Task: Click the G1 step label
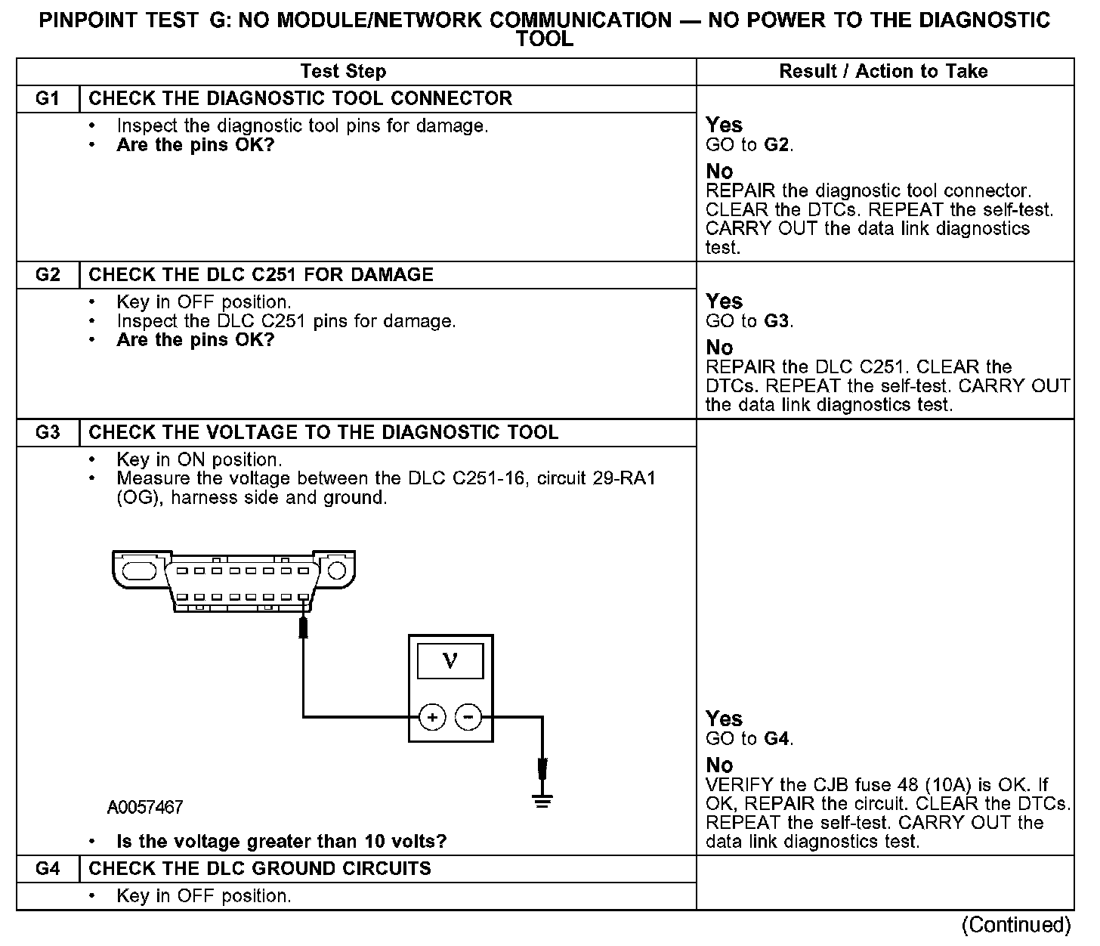[47, 98]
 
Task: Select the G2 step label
[47, 274]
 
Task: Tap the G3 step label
[47, 433]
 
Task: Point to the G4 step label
[47, 868]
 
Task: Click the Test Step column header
[343, 72]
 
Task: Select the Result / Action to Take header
[883, 72]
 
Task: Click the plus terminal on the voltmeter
[432, 717]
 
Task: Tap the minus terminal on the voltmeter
[469, 716]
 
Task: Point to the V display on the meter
[450, 661]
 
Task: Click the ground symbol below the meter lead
[542, 800]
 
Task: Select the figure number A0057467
[145, 808]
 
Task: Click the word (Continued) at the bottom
[1015, 926]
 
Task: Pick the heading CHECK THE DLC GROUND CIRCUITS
[260, 868]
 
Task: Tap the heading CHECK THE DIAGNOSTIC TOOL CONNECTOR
[300, 98]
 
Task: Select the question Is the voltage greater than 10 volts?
[281, 842]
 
